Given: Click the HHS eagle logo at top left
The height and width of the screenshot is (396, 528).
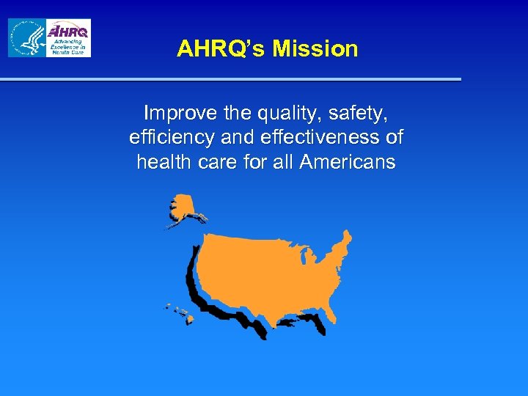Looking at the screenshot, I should [26, 38].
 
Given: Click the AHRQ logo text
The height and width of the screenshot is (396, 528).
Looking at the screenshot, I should [68, 31].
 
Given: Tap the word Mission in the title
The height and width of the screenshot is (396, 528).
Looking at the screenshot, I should [315, 49].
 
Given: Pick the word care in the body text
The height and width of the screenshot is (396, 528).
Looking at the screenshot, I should [217, 162].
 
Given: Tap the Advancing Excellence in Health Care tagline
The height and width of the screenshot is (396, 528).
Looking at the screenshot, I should [68, 47].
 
